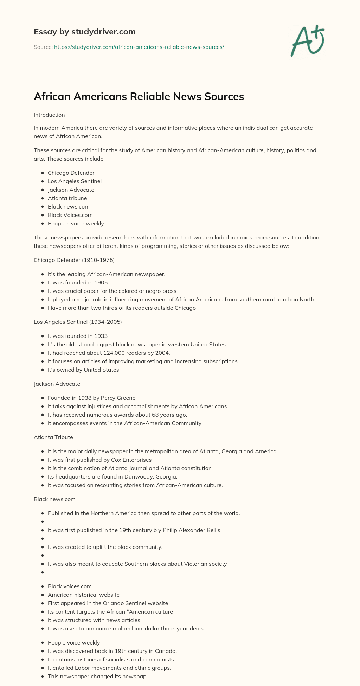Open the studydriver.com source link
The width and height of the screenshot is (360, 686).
[x=139, y=47]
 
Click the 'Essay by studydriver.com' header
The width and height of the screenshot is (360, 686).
[x=85, y=32]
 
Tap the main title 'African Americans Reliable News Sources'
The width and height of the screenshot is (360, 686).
[x=139, y=96]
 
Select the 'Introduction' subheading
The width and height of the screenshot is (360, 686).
[x=49, y=115]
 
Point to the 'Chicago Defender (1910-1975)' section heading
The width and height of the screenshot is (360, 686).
[x=74, y=260]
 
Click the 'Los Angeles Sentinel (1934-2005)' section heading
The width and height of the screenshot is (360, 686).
[x=78, y=322]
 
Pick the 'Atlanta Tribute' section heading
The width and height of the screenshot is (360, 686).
[x=53, y=437]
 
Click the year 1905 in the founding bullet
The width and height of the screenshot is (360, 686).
[x=101, y=283]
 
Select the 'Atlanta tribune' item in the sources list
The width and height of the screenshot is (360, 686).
[x=67, y=198]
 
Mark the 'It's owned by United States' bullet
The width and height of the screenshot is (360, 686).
[x=83, y=370]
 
